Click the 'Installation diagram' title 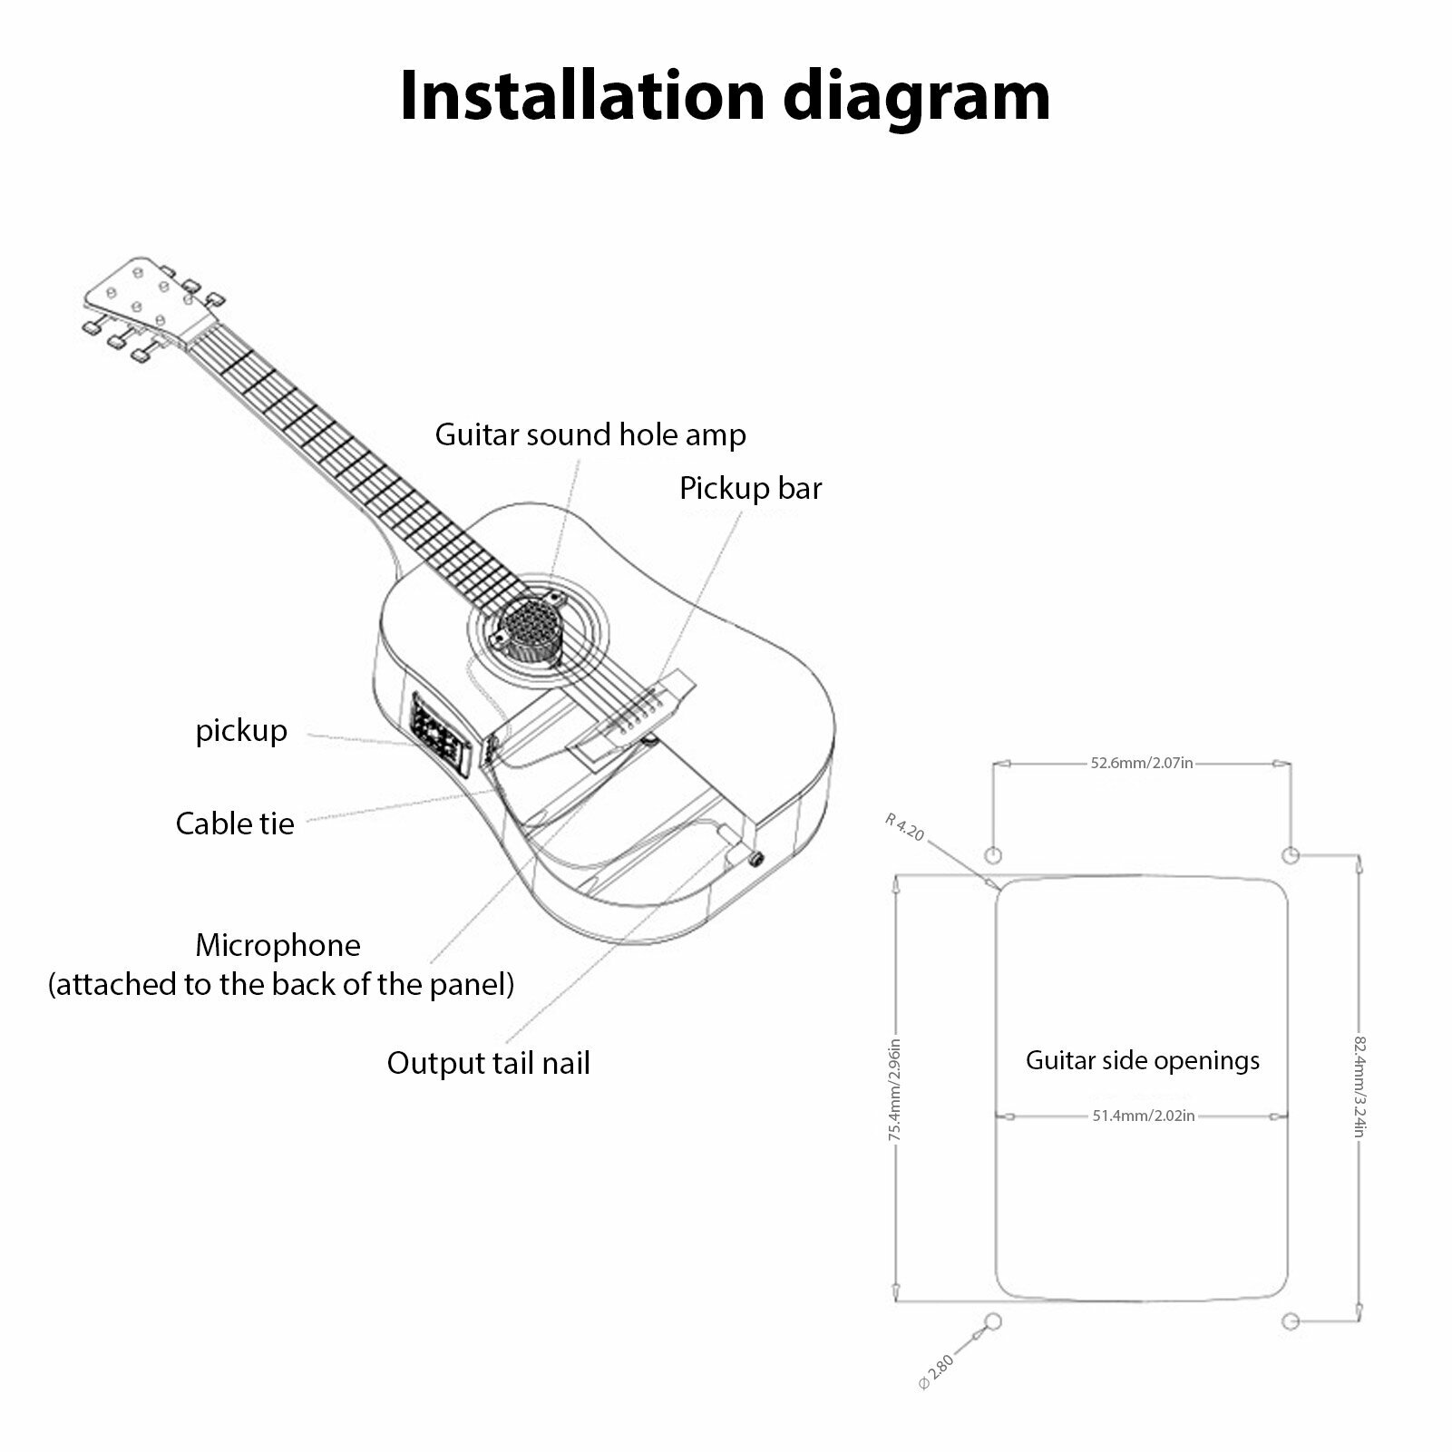pos(725,94)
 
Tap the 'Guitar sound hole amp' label pos(590,435)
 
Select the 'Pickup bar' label pos(750,489)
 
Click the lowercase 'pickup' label pos(241,731)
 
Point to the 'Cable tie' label pos(235,823)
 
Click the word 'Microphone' pos(278,946)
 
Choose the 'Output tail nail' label pos(488,1063)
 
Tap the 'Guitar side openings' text pos(1142,1060)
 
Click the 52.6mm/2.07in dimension pos(1141,764)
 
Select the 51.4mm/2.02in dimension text pos(1143,1116)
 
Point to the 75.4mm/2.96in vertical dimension pos(895,1089)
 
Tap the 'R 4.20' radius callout pos(904,827)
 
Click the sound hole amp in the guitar pos(529,626)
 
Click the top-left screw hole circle pos(992,855)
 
